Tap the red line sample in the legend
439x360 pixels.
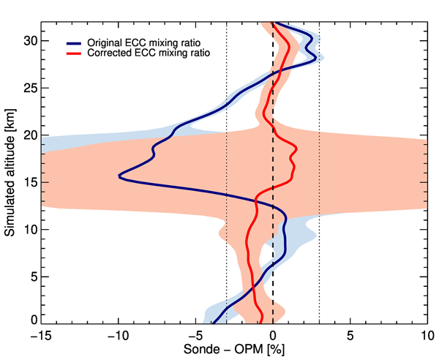tap(75, 53)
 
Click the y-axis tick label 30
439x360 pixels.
tap(31, 41)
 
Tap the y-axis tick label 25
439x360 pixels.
tap(31, 88)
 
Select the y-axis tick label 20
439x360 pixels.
tap(31, 135)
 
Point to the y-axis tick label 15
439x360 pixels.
tap(31, 182)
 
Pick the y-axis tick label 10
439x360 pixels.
tap(31, 229)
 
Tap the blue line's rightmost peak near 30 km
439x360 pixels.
tap(315, 53)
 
